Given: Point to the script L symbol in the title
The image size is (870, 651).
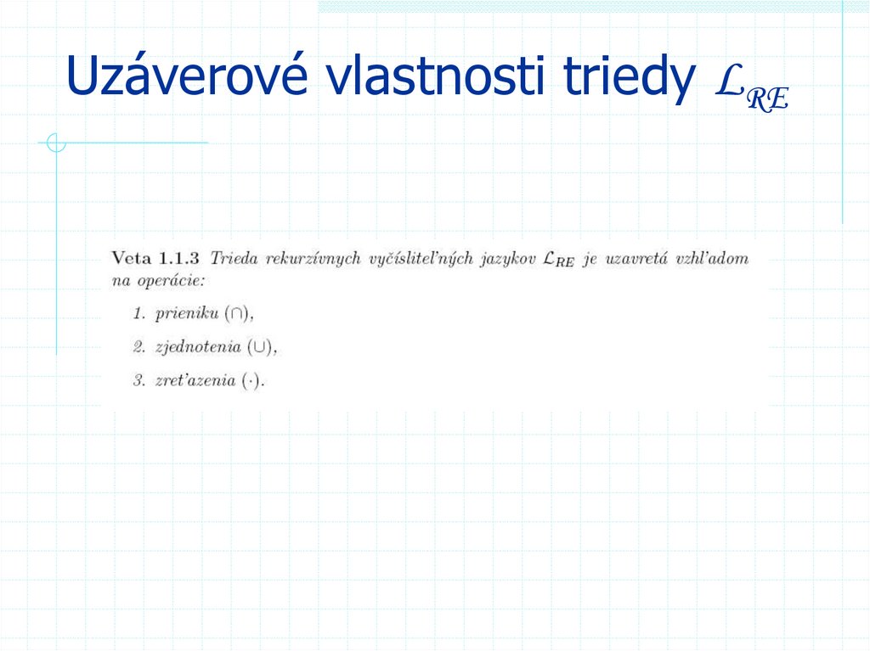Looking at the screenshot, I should point(730,81).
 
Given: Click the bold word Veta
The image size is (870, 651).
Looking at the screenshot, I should point(131,257).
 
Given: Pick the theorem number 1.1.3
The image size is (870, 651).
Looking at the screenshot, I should point(179,257).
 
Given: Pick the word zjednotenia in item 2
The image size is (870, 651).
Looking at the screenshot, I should point(198,347).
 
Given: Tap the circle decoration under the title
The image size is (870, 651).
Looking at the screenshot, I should point(56,143).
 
